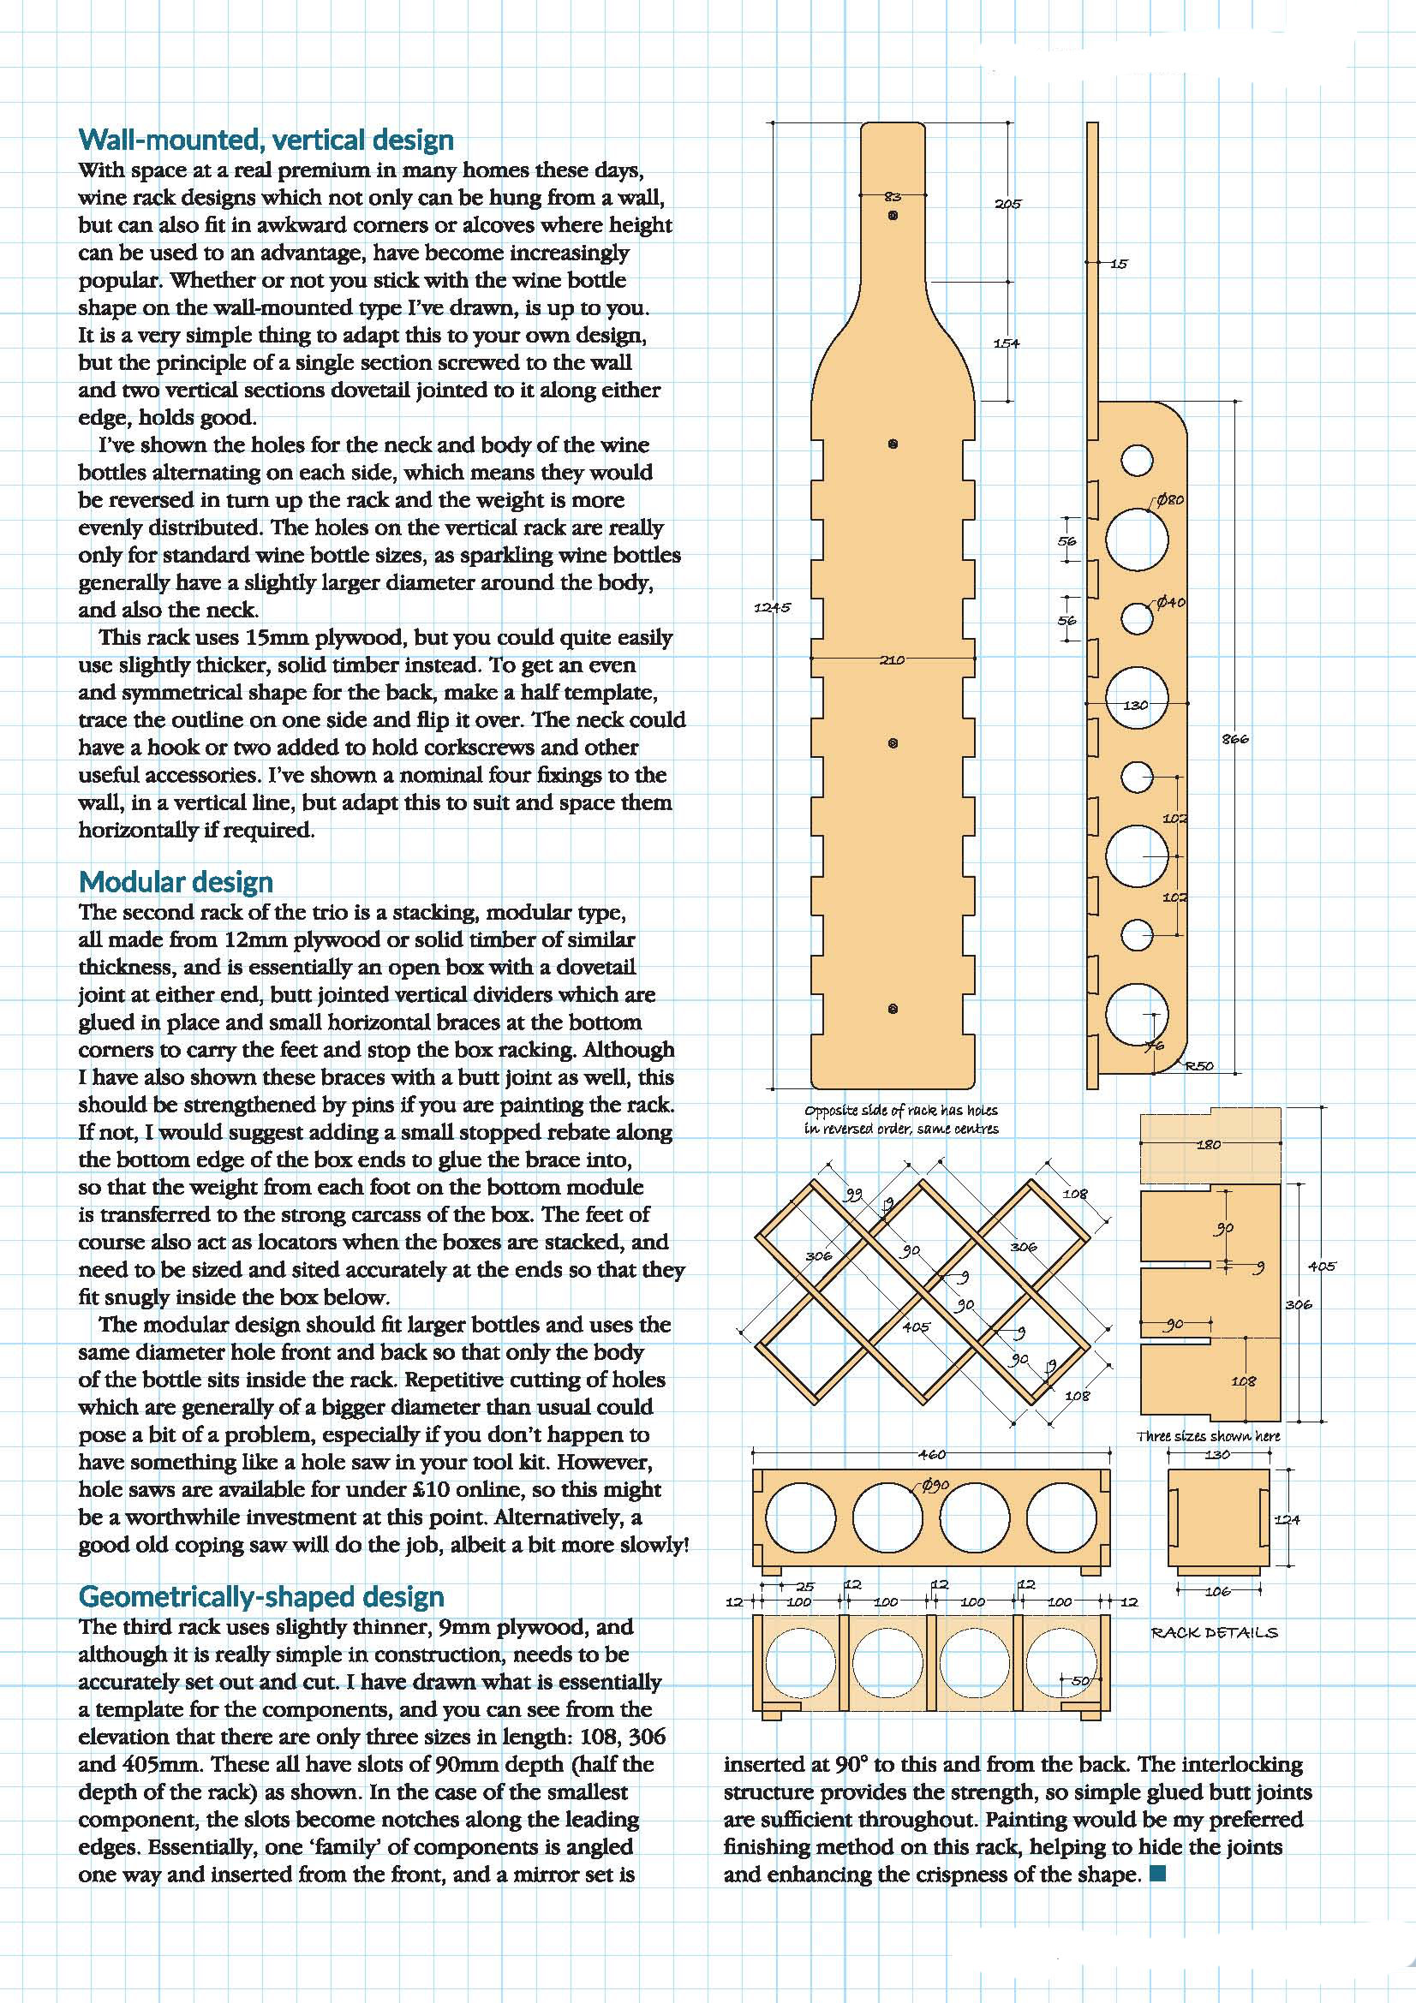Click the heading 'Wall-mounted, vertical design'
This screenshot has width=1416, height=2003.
[x=266, y=140]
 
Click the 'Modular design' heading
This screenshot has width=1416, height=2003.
[x=176, y=882]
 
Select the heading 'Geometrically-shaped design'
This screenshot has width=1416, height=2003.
[x=261, y=1596]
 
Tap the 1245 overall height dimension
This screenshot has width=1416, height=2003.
[x=772, y=607]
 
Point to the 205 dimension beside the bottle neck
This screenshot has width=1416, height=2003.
[x=1007, y=204]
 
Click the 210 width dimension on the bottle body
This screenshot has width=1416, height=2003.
[x=892, y=660]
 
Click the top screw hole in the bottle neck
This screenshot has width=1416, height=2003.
[x=893, y=215]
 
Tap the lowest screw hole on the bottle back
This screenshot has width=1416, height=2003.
[x=893, y=1010]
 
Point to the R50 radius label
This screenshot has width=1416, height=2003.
[x=1200, y=1066]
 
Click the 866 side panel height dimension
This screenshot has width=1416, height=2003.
[x=1235, y=739]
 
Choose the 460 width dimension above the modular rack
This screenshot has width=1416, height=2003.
[x=932, y=1454]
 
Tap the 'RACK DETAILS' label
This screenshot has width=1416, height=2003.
[x=1214, y=1632]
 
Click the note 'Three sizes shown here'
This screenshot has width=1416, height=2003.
[x=1209, y=1435]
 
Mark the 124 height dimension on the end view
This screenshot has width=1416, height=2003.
[x=1287, y=1519]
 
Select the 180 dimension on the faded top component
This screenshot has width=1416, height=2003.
[x=1209, y=1145]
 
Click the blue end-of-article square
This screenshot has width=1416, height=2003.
[x=1158, y=1874]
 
